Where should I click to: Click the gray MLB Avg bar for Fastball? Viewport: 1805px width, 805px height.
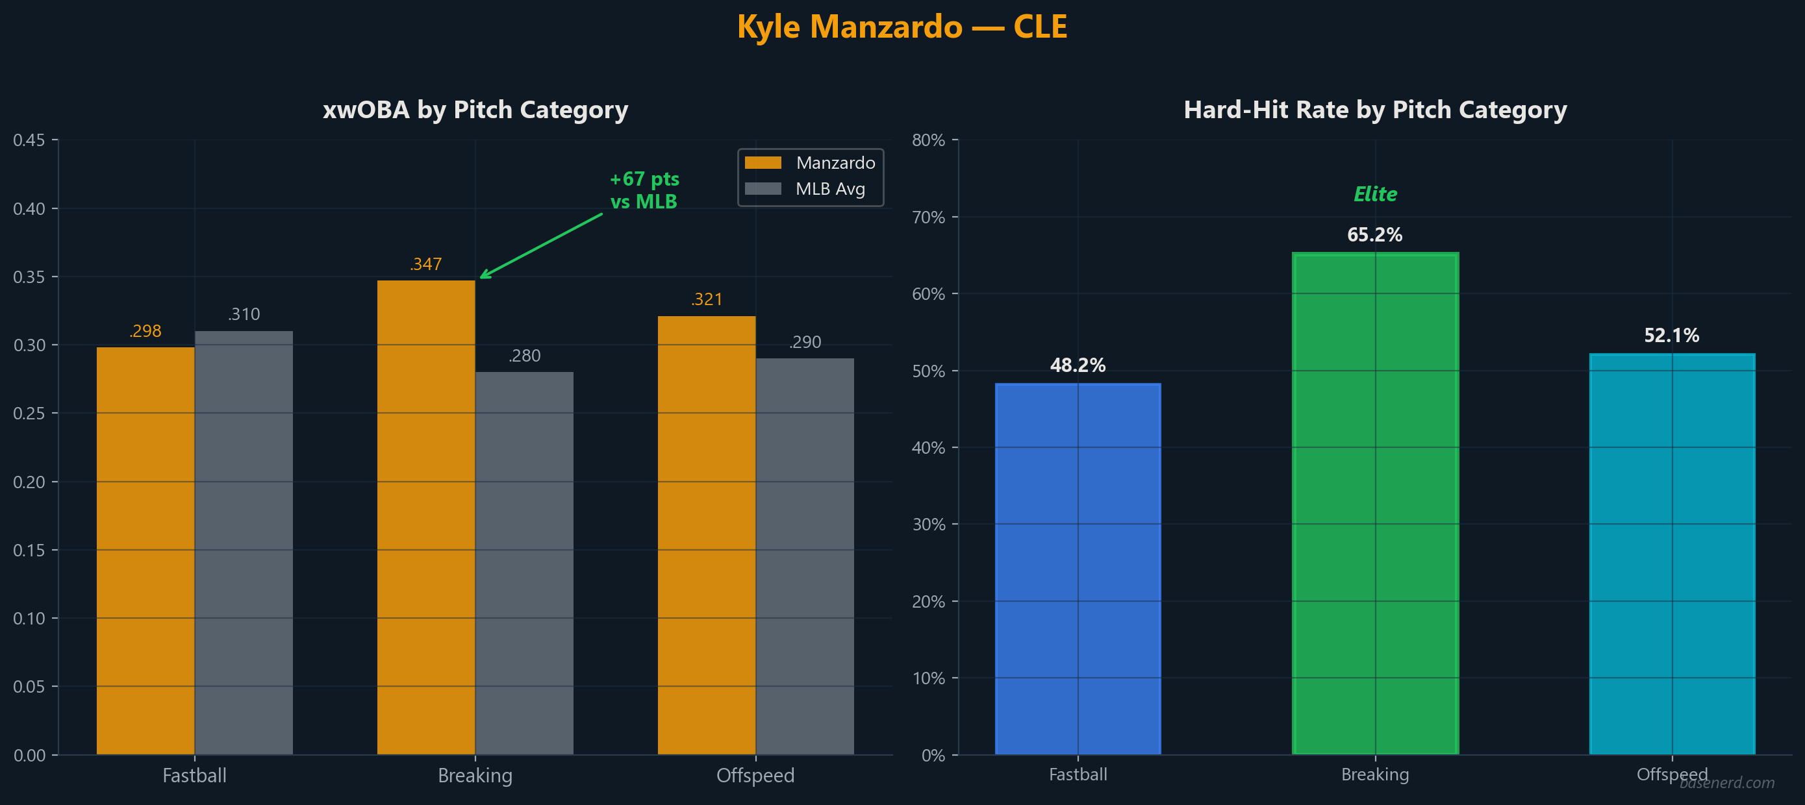coord(244,542)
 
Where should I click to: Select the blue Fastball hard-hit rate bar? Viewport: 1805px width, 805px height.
coord(1078,568)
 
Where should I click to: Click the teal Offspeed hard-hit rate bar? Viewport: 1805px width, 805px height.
coord(1672,554)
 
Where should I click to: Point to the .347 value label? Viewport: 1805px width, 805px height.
coord(426,264)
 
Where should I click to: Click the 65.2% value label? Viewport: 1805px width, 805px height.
coord(1374,235)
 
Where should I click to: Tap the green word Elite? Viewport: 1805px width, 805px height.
coord(1375,194)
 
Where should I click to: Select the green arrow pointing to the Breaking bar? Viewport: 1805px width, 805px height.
coord(541,246)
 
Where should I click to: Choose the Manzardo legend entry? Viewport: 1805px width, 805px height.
coord(810,162)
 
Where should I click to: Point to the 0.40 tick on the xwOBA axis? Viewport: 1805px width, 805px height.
coord(29,209)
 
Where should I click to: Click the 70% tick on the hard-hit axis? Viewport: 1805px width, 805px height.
coord(928,217)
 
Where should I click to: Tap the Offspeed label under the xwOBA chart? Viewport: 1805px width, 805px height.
coord(755,776)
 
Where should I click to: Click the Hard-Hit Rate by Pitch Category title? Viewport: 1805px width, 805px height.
coord(1375,110)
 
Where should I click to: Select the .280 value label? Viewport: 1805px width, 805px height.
coord(524,356)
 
